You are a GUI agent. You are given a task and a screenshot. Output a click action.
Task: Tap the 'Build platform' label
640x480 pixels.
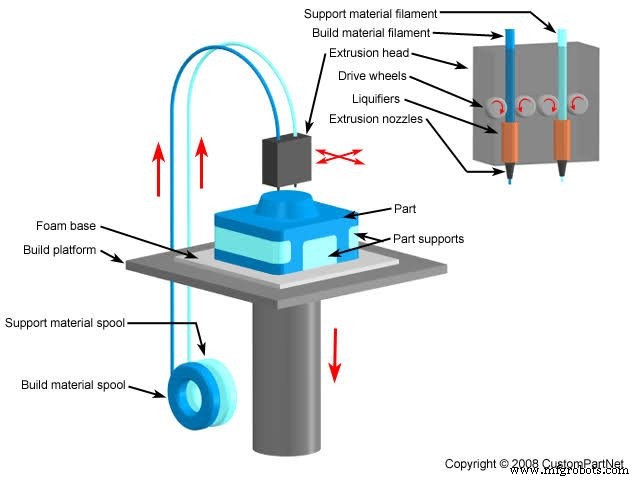60,249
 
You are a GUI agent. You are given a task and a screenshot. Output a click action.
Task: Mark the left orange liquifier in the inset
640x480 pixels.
510,142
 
